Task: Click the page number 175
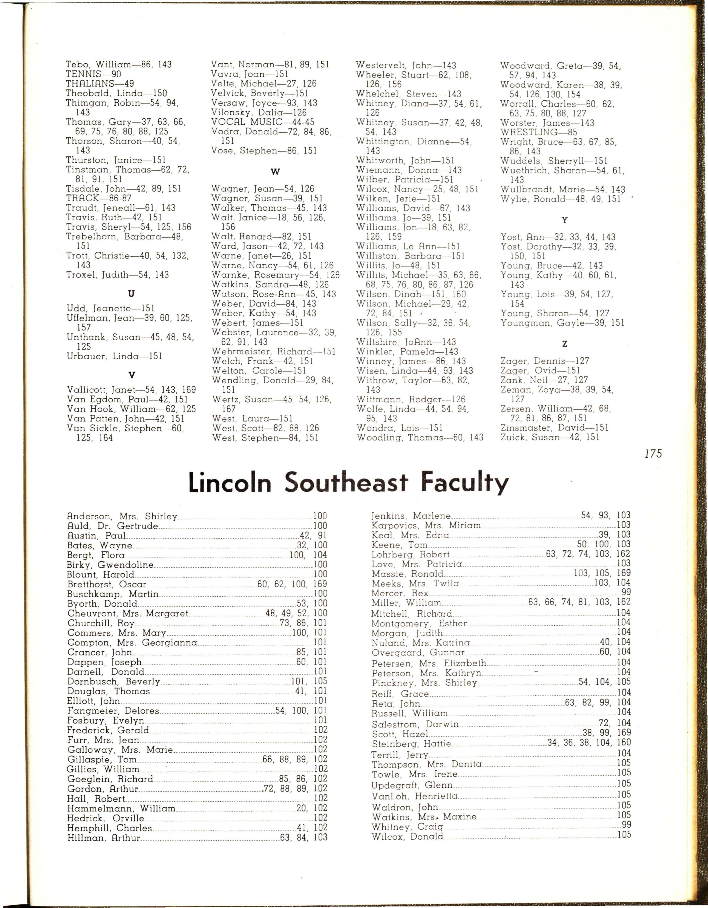(x=653, y=454)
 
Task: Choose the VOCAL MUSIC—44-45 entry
(x=262, y=122)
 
